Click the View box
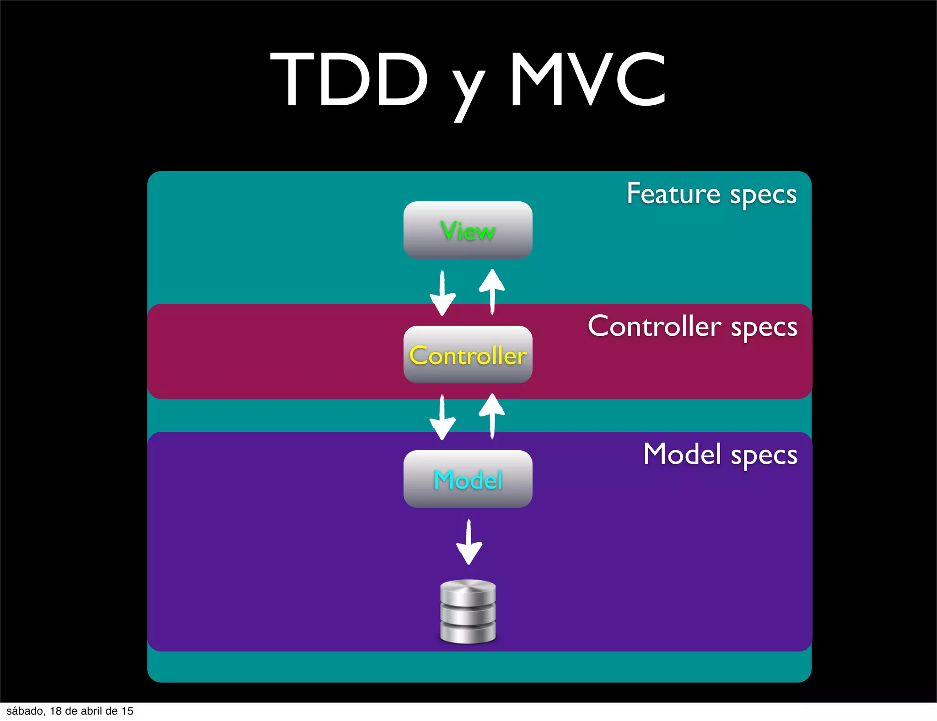468,230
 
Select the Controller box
468,355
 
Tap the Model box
468,479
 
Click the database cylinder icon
468,611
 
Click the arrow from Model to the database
469,542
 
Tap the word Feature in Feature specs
673,194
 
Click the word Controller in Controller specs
654,326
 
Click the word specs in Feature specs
763,195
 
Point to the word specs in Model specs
764,456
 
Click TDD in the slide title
349,80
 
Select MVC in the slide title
588,80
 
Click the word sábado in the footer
26,711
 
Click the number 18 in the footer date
56,711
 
